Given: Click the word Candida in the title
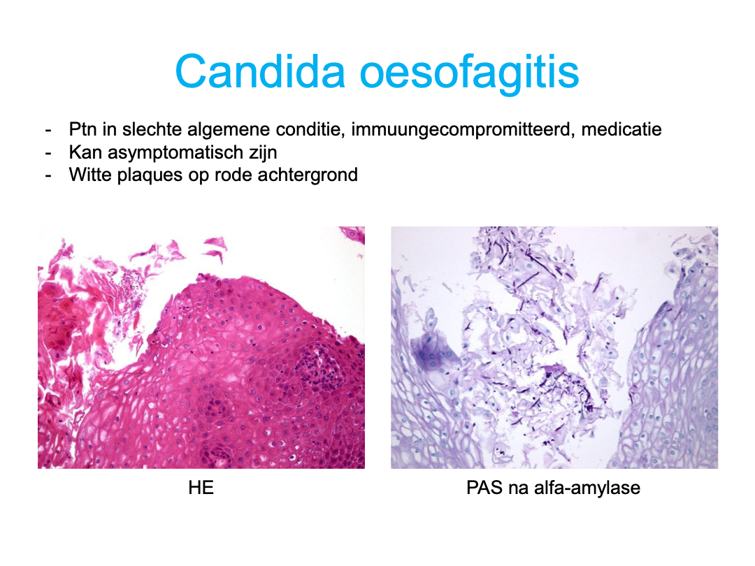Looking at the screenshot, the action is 260,71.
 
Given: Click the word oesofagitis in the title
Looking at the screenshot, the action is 470,72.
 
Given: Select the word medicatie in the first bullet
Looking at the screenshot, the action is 621,129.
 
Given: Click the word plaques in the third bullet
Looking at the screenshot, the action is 150,175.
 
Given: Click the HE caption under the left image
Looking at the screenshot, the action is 201,488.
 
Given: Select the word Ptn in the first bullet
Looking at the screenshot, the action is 82,129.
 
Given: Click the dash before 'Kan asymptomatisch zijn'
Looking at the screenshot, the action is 48,153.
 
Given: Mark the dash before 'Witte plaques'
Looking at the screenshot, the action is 48,175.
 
